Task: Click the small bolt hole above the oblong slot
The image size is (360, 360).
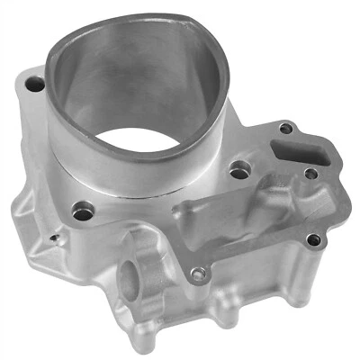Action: [x=286, y=128]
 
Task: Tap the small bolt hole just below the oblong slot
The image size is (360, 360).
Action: [x=310, y=173]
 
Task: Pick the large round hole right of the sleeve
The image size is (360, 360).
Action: [x=239, y=168]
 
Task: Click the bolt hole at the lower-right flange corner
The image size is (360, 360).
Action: [x=312, y=240]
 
